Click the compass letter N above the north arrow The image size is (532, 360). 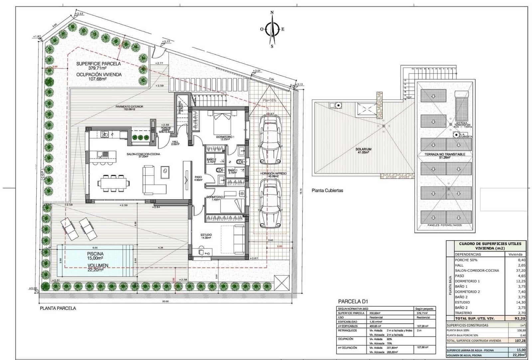272,13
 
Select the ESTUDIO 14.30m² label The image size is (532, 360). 206,236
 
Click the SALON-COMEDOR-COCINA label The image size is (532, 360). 143,154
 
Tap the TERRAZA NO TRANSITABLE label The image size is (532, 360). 445,154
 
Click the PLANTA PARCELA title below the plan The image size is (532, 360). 58,308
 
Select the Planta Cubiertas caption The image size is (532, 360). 327,191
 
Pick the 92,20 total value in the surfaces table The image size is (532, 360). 519,318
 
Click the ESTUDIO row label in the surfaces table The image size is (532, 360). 462,302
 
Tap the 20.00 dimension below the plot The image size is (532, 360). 165,301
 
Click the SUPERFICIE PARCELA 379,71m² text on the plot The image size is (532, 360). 98,66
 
